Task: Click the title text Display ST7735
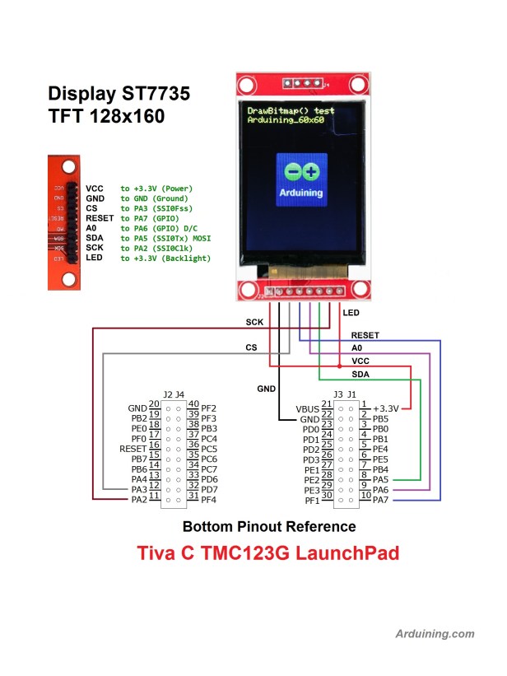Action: pos(119,94)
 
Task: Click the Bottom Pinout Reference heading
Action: pos(269,526)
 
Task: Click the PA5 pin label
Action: pos(380,479)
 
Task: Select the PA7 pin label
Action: pos(380,500)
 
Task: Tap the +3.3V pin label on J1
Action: pos(385,408)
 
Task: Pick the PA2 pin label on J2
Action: pos(137,499)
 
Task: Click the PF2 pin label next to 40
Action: pos(208,408)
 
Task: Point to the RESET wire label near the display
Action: pos(365,335)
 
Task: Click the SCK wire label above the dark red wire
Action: pos(255,322)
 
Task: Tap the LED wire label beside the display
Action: pos(351,313)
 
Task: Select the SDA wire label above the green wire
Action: pos(360,374)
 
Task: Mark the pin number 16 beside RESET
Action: pos(154,448)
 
